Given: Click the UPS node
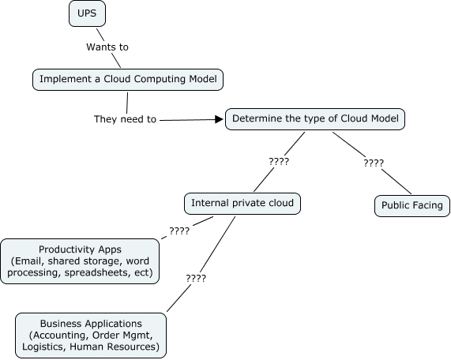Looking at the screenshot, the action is tap(87, 13).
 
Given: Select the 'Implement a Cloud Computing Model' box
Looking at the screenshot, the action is tap(128, 80).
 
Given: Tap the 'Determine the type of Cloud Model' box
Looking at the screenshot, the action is tap(315, 119).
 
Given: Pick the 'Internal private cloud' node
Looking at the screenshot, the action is tap(242, 204).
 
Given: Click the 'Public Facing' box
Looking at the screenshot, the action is tap(412, 206).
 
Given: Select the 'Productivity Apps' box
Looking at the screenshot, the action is tap(80, 261).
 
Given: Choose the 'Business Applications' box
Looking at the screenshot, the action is tap(91, 336).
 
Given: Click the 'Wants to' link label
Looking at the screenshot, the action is tap(107, 47).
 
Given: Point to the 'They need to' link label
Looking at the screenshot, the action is tap(125, 119).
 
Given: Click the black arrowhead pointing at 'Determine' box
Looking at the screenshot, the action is tap(219, 119).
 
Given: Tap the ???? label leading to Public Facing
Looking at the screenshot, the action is tap(374, 163).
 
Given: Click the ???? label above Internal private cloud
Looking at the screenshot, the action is tap(279, 162).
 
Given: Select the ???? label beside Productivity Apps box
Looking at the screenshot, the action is tap(179, 231).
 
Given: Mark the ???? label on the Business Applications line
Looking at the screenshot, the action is tap(196, 279).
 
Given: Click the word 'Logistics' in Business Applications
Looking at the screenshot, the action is tap(44, 347).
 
